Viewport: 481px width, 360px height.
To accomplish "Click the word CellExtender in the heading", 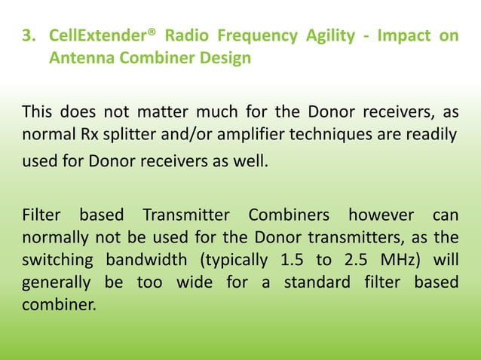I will (93, 36).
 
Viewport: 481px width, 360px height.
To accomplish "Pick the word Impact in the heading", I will (402, 36).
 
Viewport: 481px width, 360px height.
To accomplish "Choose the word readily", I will (431, 136).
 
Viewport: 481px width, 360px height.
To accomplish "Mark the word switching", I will (56, 261).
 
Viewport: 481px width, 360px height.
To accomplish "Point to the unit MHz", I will (394, 261).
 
